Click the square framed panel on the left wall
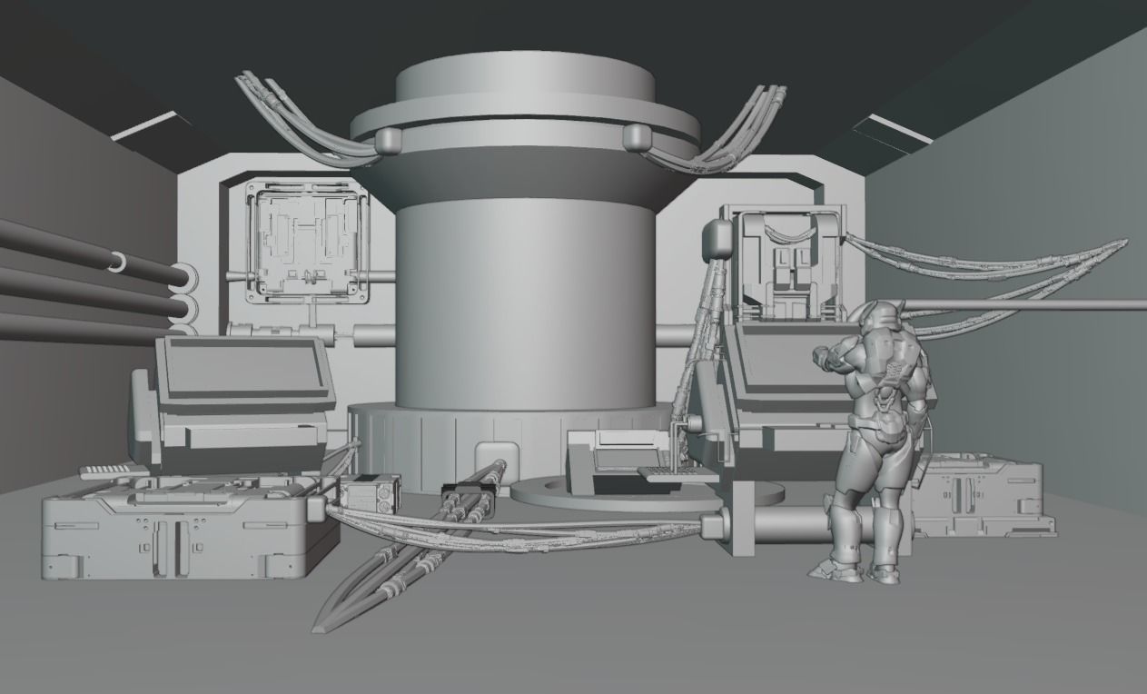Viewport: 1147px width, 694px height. [306, 241]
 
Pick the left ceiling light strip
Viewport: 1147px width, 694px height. [145, 125]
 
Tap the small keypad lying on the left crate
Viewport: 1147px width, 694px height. [113, 471]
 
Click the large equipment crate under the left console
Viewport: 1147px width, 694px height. [182, 531]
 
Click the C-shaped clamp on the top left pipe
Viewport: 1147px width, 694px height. [117, 262]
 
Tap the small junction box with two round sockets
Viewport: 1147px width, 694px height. [369, 495]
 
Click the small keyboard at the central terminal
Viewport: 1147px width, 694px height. [667, 472]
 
